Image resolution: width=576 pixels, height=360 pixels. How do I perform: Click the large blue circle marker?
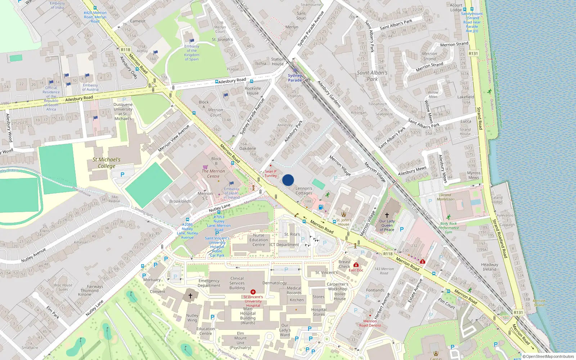(288, 180)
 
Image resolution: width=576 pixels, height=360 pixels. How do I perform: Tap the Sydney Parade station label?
(295, 78)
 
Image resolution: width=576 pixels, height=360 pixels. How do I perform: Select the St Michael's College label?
(107, 163)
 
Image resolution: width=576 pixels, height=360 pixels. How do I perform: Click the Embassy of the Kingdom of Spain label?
(192, 53)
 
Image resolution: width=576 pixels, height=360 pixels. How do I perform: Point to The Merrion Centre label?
(213, 174)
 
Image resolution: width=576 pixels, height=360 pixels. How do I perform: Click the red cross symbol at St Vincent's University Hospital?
(253, 292)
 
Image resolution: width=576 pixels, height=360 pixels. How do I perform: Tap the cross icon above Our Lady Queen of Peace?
(387, 215)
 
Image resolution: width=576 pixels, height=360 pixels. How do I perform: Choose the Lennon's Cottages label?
(304, 190)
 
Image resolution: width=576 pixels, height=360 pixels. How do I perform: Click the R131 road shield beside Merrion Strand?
(473, 54)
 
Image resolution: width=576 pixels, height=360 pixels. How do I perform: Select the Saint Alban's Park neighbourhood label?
(372, 76)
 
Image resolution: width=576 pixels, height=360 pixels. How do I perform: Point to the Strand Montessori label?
(446, 197)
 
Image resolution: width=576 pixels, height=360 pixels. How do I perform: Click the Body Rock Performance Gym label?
(448, 228)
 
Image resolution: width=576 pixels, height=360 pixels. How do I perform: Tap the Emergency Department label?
(209, 283)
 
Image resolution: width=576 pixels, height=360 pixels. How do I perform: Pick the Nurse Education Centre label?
(258, 240)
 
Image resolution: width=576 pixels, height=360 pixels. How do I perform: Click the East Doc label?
(356, 270)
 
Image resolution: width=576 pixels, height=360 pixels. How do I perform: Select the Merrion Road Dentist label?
(370, 323)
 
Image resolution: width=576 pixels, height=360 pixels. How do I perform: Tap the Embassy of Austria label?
(90, 87)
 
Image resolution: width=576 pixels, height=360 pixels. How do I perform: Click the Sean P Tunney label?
(271, 174)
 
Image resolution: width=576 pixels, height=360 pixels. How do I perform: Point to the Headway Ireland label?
(490, 267)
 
